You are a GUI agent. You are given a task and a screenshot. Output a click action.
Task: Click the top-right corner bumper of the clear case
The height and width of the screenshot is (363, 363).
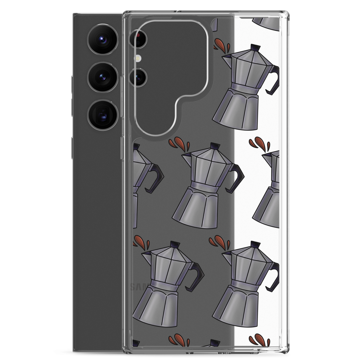click(x=286, y=15)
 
